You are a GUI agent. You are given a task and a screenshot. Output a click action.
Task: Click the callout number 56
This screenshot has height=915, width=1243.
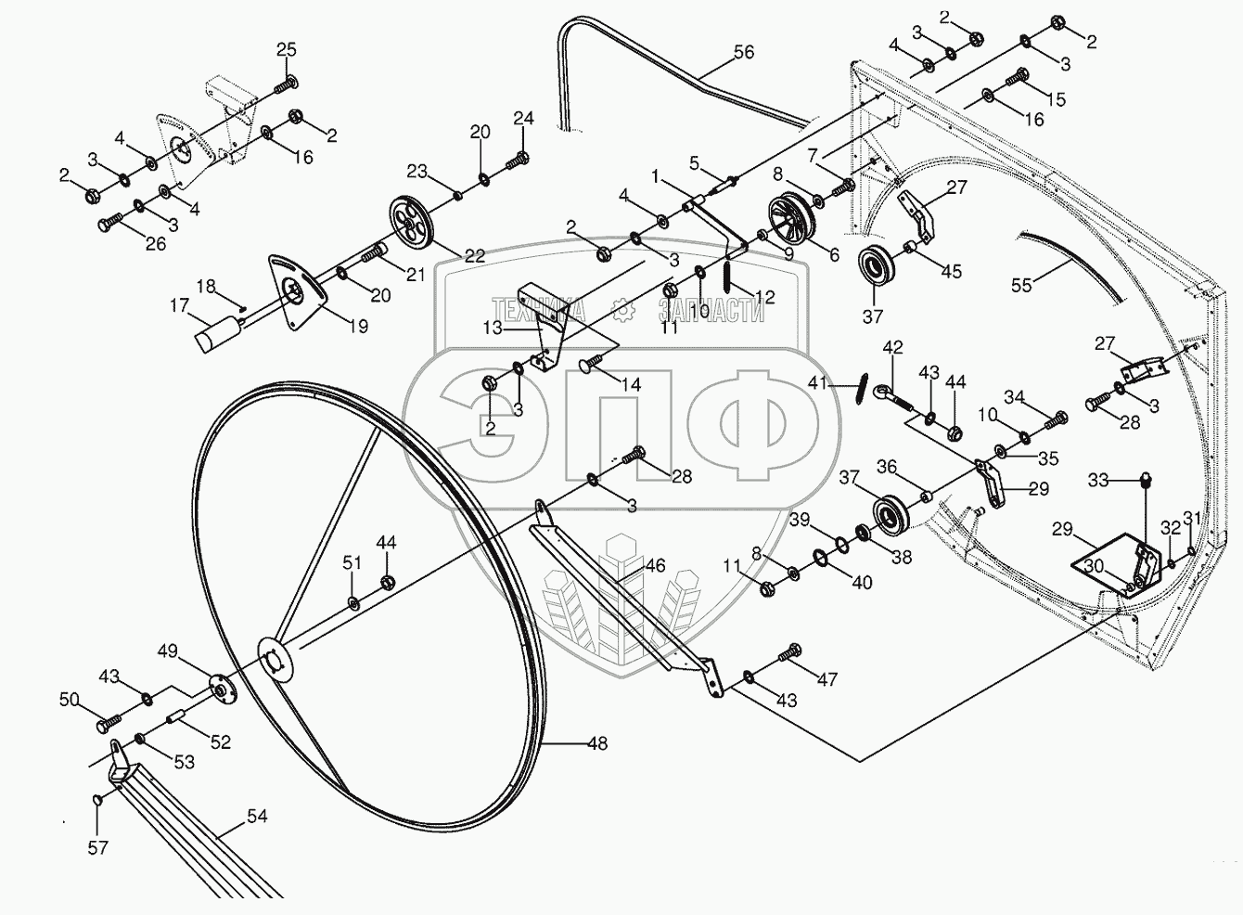[x=743, y=53]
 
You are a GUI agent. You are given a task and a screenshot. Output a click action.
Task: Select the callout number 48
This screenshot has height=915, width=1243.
[x=597, y=743]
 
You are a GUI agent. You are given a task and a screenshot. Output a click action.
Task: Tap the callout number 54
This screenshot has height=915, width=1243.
[x=257, y=816]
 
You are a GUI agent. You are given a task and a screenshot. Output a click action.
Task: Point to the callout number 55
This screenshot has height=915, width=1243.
[x=1021, y=285]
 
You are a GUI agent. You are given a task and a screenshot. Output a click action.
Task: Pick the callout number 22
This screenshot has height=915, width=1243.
[x=474, y=256]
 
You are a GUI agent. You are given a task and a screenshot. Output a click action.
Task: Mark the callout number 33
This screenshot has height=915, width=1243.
[x=1098, y=480]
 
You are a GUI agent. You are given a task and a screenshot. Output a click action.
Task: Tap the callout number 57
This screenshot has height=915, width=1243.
[x=98, y=847]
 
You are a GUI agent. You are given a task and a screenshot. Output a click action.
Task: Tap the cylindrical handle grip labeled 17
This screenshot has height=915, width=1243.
[x=219, y=332]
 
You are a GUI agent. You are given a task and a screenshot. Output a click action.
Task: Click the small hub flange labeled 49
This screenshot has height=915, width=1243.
[x=219, y=688]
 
